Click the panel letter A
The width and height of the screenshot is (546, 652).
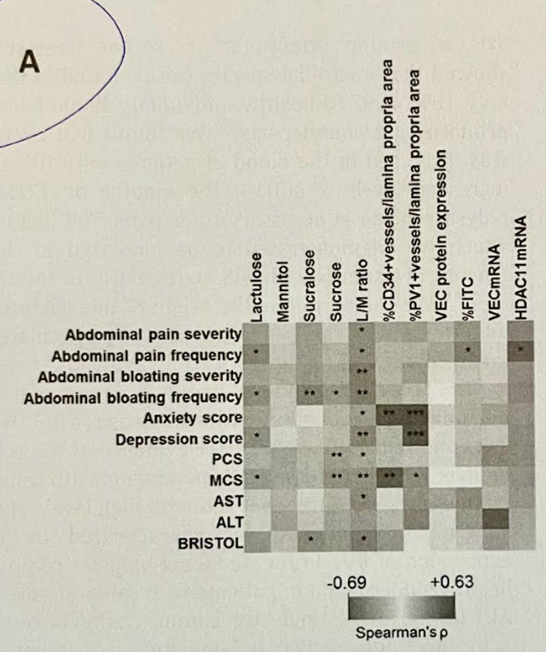pos(30,65)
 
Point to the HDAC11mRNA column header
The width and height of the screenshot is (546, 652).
pos(520,263)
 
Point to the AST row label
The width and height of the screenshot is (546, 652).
pos(228,500)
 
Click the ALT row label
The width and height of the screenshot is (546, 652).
pos(229,521)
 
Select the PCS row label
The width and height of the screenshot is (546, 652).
pos(227,459)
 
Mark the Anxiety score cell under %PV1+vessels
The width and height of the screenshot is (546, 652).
pos(415,417)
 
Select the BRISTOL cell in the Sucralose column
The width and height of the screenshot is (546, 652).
pos(310,541)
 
